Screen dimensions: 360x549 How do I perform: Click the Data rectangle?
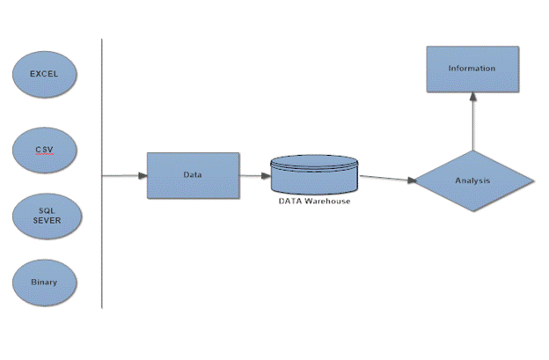pos(193,174)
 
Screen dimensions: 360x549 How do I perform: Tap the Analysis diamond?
pos(473,181)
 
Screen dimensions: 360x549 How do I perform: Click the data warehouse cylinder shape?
pos(315,174)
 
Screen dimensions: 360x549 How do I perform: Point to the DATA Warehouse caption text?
pos(315,202)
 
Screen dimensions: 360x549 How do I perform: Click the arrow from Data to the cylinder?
pos(255,174)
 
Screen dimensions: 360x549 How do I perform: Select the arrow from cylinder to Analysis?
pos(387,179)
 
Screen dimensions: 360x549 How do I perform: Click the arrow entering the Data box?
pos(125,175)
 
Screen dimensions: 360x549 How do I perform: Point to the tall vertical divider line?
pos(102,176)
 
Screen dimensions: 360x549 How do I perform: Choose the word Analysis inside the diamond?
pos(473,181)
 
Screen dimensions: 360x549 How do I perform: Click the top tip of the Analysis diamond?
pos(473,151)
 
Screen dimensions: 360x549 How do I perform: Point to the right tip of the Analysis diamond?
pos(532,181)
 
